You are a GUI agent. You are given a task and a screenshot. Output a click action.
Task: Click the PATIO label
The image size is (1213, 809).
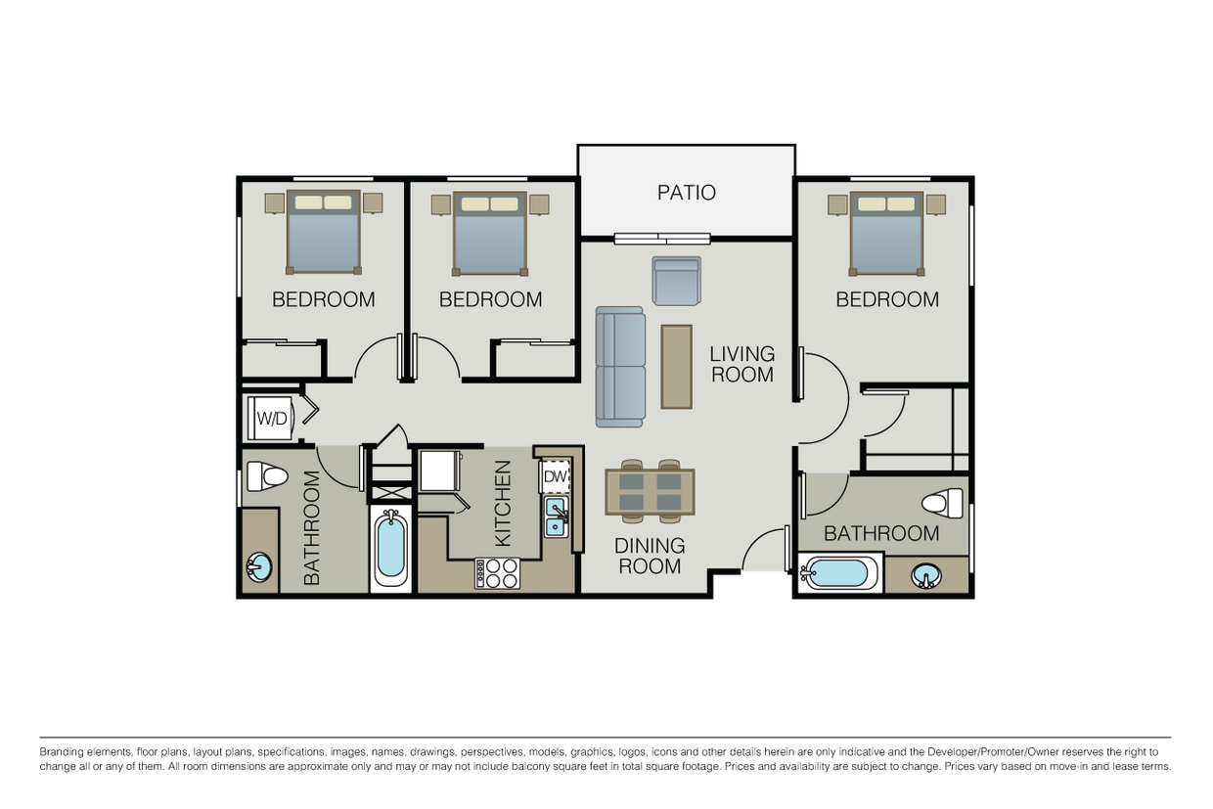point(686,193)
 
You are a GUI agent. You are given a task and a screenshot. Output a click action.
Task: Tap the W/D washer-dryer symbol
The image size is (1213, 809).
point(271,418)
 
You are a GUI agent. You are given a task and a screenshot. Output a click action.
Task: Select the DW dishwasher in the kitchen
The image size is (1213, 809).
point(555,476)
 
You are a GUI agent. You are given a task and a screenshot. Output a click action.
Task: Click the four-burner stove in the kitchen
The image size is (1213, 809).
point(497,573)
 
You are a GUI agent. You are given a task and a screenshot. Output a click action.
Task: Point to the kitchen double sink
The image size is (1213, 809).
point(557,517)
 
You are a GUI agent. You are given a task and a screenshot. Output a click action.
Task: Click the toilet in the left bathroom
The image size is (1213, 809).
point(267,476)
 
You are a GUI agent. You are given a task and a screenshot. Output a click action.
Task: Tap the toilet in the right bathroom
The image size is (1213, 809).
point(942,503)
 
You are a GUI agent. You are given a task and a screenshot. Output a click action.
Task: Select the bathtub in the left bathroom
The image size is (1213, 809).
point(390,548)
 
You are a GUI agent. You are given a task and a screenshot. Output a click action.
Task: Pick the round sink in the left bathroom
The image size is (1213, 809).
point(259,567)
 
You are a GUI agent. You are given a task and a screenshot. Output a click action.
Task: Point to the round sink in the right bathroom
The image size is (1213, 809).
point(926,575)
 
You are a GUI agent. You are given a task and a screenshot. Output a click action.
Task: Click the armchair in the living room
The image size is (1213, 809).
point(676,281)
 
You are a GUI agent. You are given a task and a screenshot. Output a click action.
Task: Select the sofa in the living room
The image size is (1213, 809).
point(620,367)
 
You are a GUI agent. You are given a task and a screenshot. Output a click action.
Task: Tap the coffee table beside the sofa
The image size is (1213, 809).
point(676,367)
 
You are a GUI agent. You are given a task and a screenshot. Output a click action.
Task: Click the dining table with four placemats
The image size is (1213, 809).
point(650,492)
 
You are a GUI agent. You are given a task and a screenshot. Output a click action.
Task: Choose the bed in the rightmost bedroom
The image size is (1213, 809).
point(886,232)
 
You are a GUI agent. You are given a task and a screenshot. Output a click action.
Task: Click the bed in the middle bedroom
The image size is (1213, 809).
point(490,233)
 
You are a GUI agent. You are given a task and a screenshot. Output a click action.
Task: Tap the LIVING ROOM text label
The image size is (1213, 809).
point(741,364)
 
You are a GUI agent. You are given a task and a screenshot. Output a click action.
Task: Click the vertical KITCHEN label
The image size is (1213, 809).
point(503,503)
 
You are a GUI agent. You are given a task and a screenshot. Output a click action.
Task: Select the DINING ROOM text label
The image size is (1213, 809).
point(650,556)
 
